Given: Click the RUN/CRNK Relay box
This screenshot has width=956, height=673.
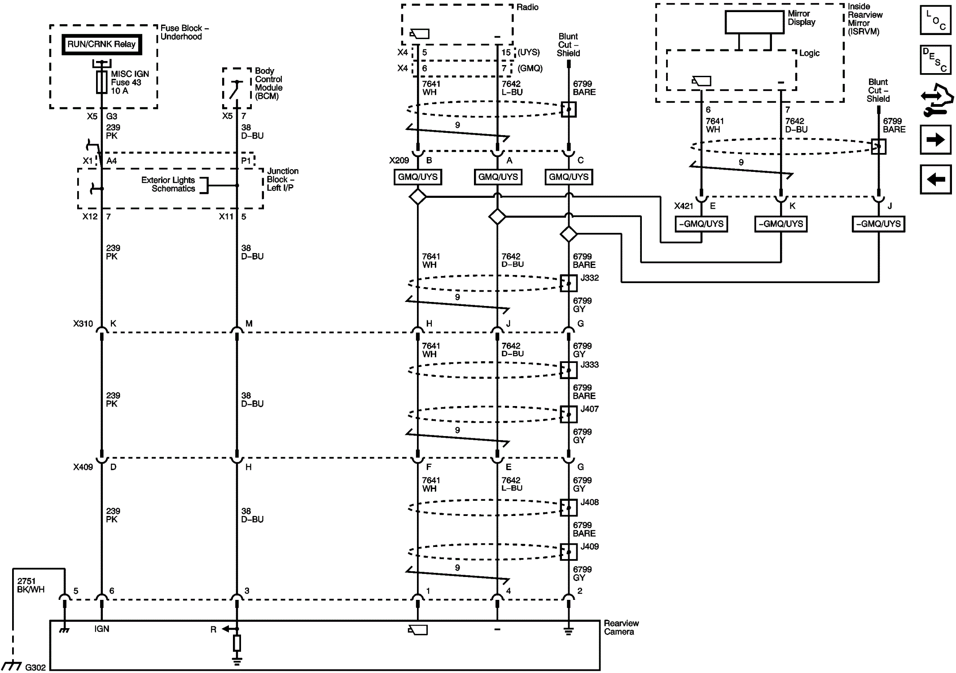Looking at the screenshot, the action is coord(101,44).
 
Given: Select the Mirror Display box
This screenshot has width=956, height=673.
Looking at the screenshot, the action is coord(754,22).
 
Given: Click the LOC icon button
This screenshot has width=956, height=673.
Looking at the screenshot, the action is coord(935,20).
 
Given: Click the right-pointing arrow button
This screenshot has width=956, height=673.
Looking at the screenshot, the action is coord(935,140).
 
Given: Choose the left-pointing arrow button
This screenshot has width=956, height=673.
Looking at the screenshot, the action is coord(935,179).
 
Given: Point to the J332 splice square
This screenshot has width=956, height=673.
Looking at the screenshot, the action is coord(569,284).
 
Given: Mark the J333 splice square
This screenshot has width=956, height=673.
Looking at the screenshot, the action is coord(569,370).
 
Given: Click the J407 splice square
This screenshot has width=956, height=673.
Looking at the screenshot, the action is coord(569,415).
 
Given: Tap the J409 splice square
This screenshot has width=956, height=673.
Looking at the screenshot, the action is coord(569,552).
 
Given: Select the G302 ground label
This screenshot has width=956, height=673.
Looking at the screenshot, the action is coord(35,668).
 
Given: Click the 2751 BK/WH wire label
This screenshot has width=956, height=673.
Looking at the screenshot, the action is coord(31,586).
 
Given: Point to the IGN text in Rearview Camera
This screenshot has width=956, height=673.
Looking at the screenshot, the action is coord(102,629).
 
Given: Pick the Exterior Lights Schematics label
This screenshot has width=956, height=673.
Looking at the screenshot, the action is coord(168,184).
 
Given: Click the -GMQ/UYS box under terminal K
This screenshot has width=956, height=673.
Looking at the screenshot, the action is coord(781,224).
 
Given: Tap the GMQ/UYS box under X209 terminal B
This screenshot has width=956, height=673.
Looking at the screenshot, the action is coord(417,177).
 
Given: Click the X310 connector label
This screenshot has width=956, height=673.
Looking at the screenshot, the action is coord(83,323).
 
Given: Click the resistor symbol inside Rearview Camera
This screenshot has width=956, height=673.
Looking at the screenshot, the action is coord(237,643).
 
